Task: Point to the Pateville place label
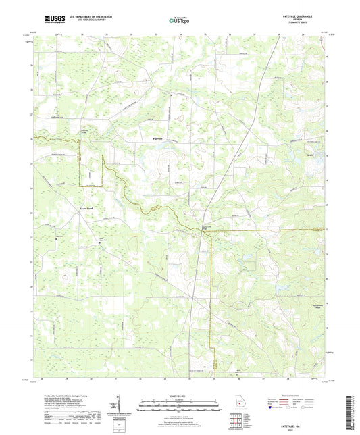pos(155,138)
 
